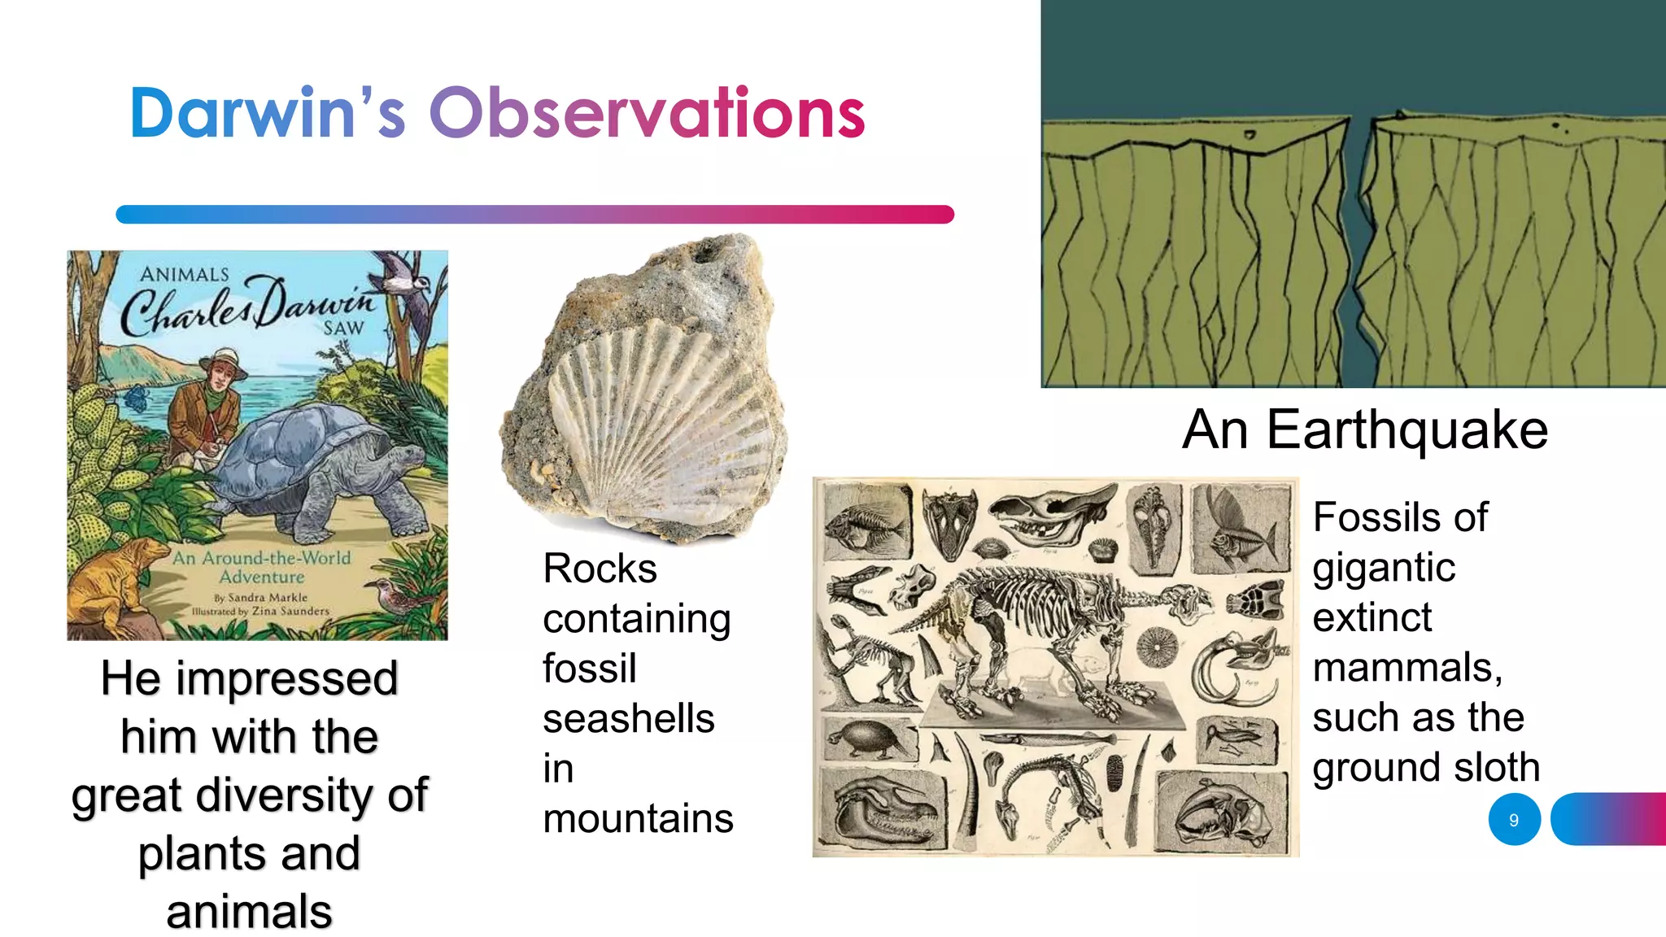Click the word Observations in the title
point(647,114)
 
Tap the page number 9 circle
point(1514,820)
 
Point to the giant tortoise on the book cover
point(325,464)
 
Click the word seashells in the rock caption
point(628,719)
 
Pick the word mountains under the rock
point(638,818)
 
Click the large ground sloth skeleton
point(1049,634)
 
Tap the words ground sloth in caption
point(1426,767)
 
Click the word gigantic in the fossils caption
point(1384,567)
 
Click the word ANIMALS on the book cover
point(185,274)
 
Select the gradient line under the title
point(534,215)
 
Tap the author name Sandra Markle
point(267,597)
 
